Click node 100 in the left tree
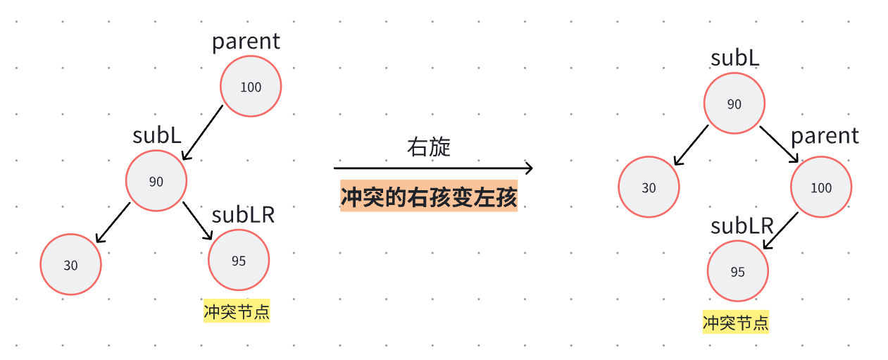click(x=251, y=87)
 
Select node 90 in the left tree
click(x=156, y=181)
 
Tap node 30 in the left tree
click(x=70, y=265)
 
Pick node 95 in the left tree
click(x=239, y=261)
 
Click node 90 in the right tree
click(x=734, y=104)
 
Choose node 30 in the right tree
click(x=649, y=188)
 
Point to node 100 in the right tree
click(x=821, y=187)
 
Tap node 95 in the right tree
click(x=737, y=272)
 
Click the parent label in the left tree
click(x=246, y=42)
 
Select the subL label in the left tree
click(x=158, y=135)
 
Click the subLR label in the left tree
click(x=243, y=215)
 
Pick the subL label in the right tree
click(x=734, y=58)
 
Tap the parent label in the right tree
click(x=825, y=135)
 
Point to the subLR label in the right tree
click(x=742, y=225)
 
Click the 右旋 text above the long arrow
click(x=429, y=147)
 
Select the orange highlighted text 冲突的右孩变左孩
click(x=429, y=197)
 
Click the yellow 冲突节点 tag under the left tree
click(x=237, y=311)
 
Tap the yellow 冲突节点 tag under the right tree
click(x=735, y=323)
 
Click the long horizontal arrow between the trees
click(x=432, y=168)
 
